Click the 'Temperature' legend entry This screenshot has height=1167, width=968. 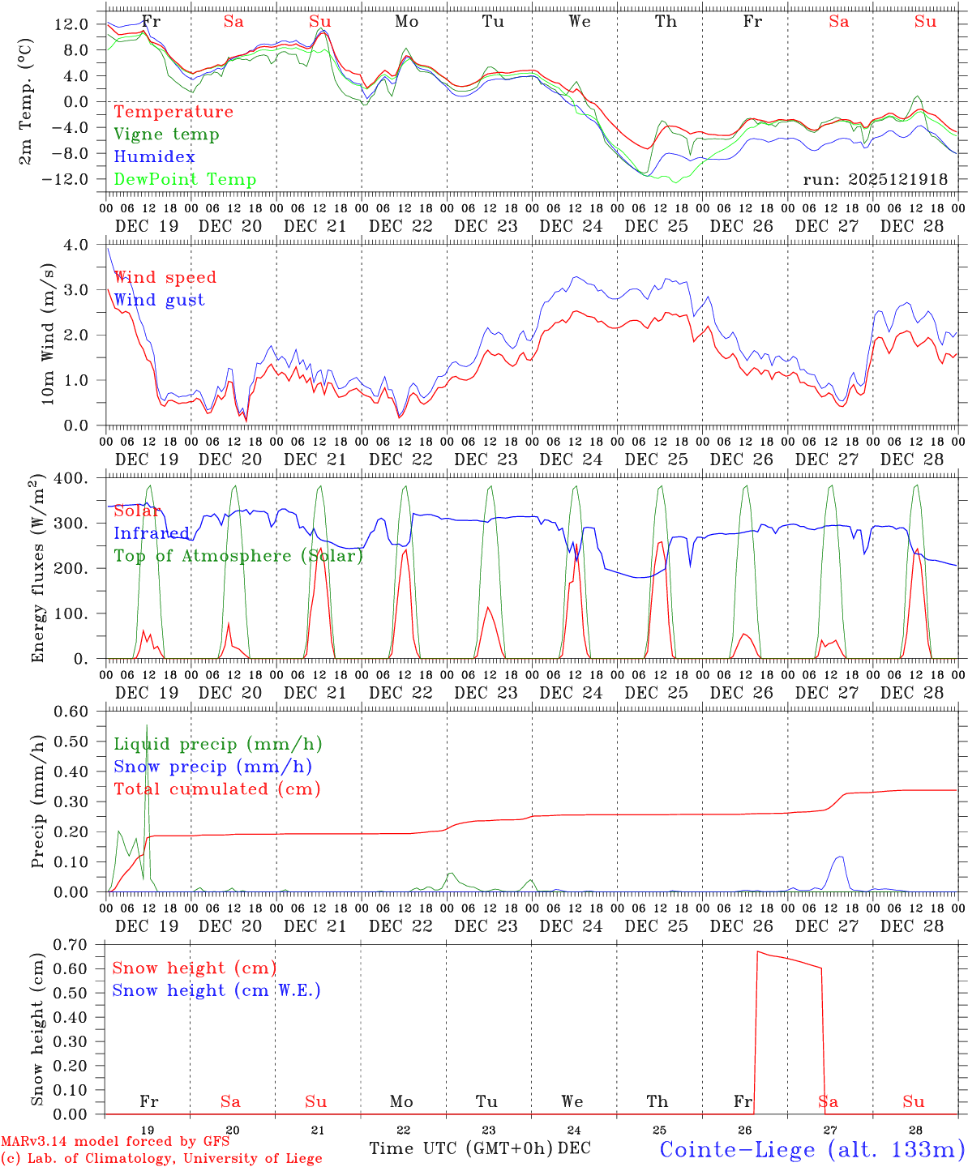point(173,112)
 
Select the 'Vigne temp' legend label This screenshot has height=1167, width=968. point(166,135)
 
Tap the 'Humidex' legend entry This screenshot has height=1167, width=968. point(154,157)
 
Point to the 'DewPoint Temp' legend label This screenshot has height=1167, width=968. point(185,180)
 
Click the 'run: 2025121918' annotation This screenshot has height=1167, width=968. point(875,180)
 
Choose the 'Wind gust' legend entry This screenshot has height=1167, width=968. point(159,300)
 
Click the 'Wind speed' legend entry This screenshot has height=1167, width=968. point(165,277)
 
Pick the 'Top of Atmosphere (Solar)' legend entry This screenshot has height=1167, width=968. point(238,556)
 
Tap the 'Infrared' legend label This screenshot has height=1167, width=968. point(152,533)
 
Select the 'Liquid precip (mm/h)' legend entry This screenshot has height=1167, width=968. point(218,744)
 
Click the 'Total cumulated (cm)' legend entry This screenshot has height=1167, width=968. point(217,789)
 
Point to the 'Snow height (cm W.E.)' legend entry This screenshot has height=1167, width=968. point(216,990)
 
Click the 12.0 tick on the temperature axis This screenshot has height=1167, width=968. point(72,24)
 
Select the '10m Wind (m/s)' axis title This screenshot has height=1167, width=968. point(48,334)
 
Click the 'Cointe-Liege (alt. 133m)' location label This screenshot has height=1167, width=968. point(812,1149)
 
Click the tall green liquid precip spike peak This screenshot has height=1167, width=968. point(147,725)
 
